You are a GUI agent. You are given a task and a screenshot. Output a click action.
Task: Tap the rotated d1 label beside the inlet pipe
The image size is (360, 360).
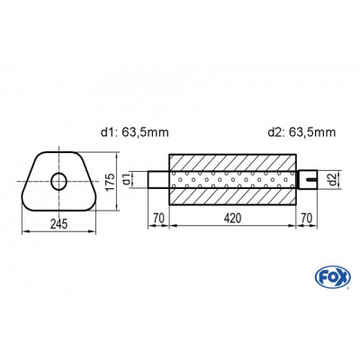click(138, 179)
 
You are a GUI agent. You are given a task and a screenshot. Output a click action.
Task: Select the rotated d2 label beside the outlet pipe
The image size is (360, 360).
click(330, 180)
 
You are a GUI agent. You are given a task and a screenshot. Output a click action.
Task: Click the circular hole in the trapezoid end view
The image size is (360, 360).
click(59, 181)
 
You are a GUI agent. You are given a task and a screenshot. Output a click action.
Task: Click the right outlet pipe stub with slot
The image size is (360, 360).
click(308, 180)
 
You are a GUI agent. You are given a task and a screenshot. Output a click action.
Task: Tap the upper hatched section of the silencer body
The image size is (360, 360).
click(232, 157)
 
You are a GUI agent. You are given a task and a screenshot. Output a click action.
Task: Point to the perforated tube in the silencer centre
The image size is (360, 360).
click(232, 180)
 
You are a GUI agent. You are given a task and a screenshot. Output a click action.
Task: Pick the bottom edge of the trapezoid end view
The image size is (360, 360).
click(59, 209)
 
